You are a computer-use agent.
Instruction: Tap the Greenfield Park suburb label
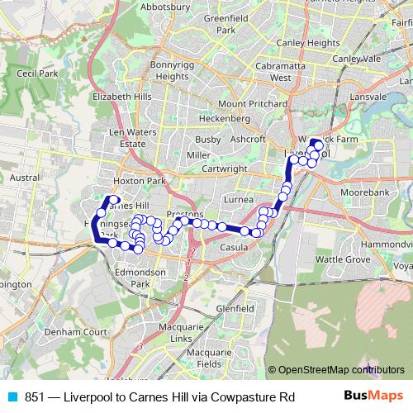tap(221, 23)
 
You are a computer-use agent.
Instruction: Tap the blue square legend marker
tap(11, 397)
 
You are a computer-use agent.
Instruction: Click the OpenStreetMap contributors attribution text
tap(339, 370)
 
